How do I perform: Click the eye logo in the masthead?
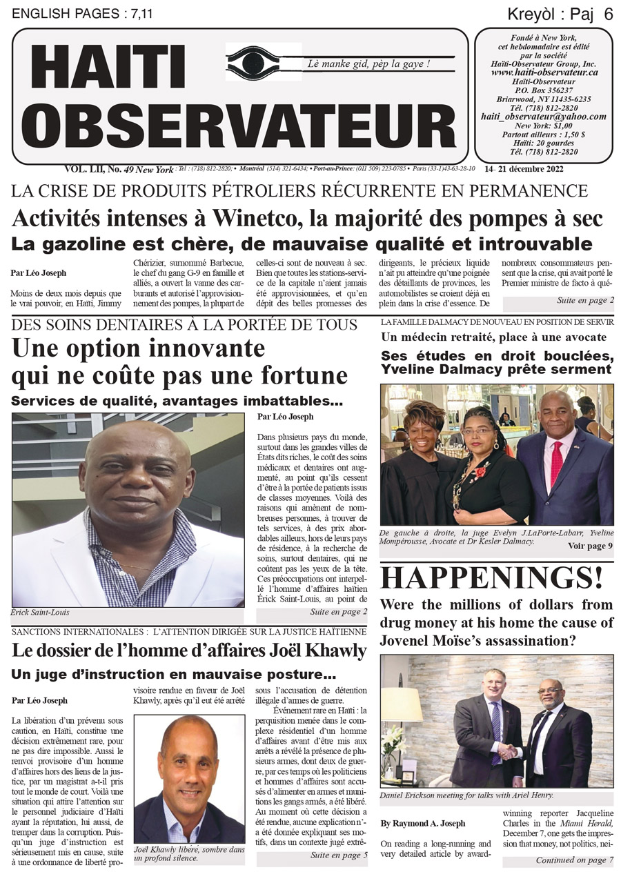coord(263,64)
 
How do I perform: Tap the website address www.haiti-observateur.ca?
coord(544,72)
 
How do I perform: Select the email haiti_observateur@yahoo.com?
coord(544,117)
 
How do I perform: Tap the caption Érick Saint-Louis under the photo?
coord(41,613)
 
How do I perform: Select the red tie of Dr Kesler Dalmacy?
coord(557,464)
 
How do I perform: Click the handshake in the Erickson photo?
coord(509,750)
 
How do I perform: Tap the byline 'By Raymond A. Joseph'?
coord(423,823)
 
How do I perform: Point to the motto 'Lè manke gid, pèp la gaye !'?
coord(369,64)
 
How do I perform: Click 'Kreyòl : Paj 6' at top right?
coord(560,13)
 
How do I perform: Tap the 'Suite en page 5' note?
coord(339,855)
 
